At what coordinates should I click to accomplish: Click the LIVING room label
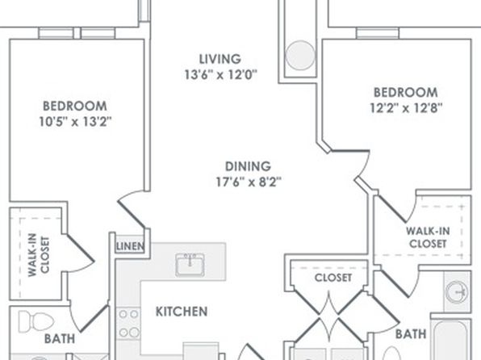click(220, 59)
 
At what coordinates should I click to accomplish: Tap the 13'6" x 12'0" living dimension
click(220, 74)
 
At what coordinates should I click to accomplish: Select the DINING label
click(248, 166)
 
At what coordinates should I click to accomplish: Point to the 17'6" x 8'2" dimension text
click(249, 182)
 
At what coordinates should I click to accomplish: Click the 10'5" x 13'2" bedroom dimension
click(75, 122)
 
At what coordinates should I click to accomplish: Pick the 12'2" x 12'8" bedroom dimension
click(406, 108)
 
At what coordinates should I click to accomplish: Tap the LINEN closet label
click(130, 246)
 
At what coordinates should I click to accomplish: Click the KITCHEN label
click(182, 312)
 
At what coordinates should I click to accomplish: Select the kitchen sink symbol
click(190, 264)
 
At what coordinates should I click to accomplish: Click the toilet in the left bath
click(36, 321)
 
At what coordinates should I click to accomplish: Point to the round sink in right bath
click(457, 291)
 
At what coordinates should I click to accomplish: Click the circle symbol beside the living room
click(300, 55)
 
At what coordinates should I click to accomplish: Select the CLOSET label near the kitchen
click(333, 278)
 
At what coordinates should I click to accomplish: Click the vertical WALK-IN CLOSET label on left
click(39, 255)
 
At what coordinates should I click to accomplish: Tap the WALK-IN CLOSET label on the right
click(428, 237)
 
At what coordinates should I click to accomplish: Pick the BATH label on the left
click(60, 339)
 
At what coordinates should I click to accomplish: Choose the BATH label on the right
click(411, 334)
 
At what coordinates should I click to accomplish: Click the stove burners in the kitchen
click(128, 323)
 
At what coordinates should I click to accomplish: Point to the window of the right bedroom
click(378, 33)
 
